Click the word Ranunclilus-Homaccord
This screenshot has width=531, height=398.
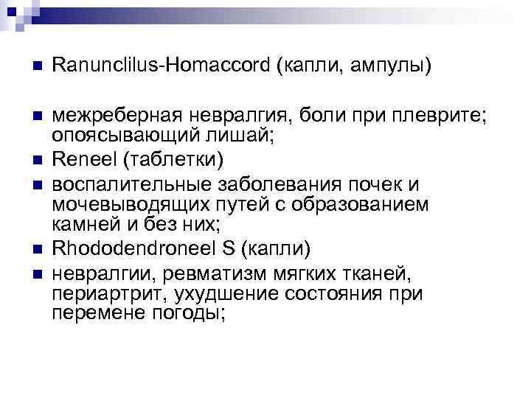click(x=161, y=67)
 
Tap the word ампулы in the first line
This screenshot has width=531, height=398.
click(x=390, y=67)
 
